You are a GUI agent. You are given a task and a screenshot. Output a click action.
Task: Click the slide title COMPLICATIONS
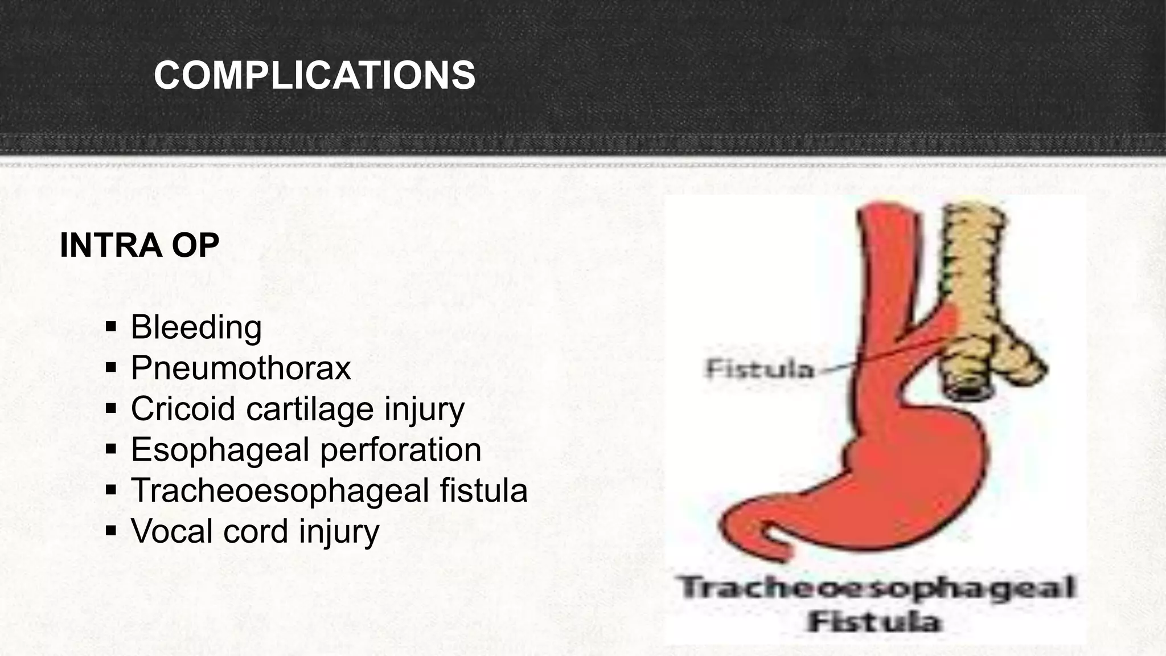click(314, 76)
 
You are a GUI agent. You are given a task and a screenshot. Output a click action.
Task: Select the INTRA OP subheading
click(139, 245)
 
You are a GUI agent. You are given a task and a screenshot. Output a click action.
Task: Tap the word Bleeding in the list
click(196, 327)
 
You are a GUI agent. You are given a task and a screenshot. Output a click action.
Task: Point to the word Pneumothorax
click(241, 368)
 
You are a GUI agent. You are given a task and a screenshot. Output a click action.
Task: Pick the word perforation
click(401, 449)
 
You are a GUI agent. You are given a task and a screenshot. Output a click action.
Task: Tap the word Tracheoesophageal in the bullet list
click(280, 490)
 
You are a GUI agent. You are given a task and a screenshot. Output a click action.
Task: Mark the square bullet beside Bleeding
click(111, 327)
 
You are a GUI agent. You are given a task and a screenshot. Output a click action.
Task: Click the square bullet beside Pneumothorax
click(111, 368)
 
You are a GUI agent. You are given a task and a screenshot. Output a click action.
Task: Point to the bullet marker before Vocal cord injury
click(111, 531)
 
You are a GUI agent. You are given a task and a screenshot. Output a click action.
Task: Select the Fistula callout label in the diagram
click(759, 370)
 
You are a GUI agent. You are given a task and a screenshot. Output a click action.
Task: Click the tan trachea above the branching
click(974, 256)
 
